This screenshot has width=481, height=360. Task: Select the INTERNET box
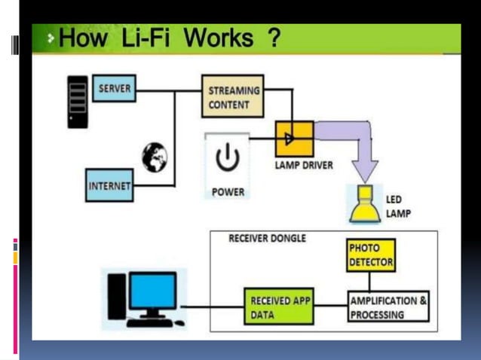point(109,185)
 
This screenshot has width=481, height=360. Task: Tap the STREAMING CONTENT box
point(233,96)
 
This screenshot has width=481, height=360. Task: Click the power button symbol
point(227,159)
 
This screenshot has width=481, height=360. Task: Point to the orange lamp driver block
point(295,139)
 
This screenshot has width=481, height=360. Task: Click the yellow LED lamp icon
point(365,204)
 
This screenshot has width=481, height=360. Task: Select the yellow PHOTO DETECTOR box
point(371,255)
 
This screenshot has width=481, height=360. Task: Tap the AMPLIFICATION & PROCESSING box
point(388,307)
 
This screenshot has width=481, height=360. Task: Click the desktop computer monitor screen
point(152,291)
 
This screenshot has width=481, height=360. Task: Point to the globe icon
point(155,156)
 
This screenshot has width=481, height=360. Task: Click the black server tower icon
point(77,101)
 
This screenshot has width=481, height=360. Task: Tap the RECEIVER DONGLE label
point(267,239)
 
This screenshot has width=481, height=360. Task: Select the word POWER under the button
point(228,192)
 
